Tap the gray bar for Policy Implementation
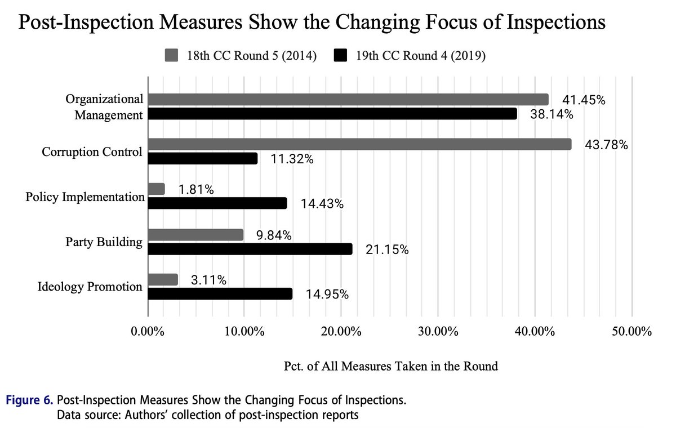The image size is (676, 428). pos(157,189)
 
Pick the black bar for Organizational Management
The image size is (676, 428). pos(332,114)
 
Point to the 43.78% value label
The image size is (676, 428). pos(605,145)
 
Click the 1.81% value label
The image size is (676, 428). pos(196,190)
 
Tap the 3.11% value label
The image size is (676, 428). pos(208,279)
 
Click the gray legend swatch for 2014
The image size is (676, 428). pos(171,56)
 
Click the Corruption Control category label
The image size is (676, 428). pos(92,152)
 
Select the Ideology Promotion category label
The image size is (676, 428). pos(90,287)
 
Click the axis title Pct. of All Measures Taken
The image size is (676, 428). pos(390,366)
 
